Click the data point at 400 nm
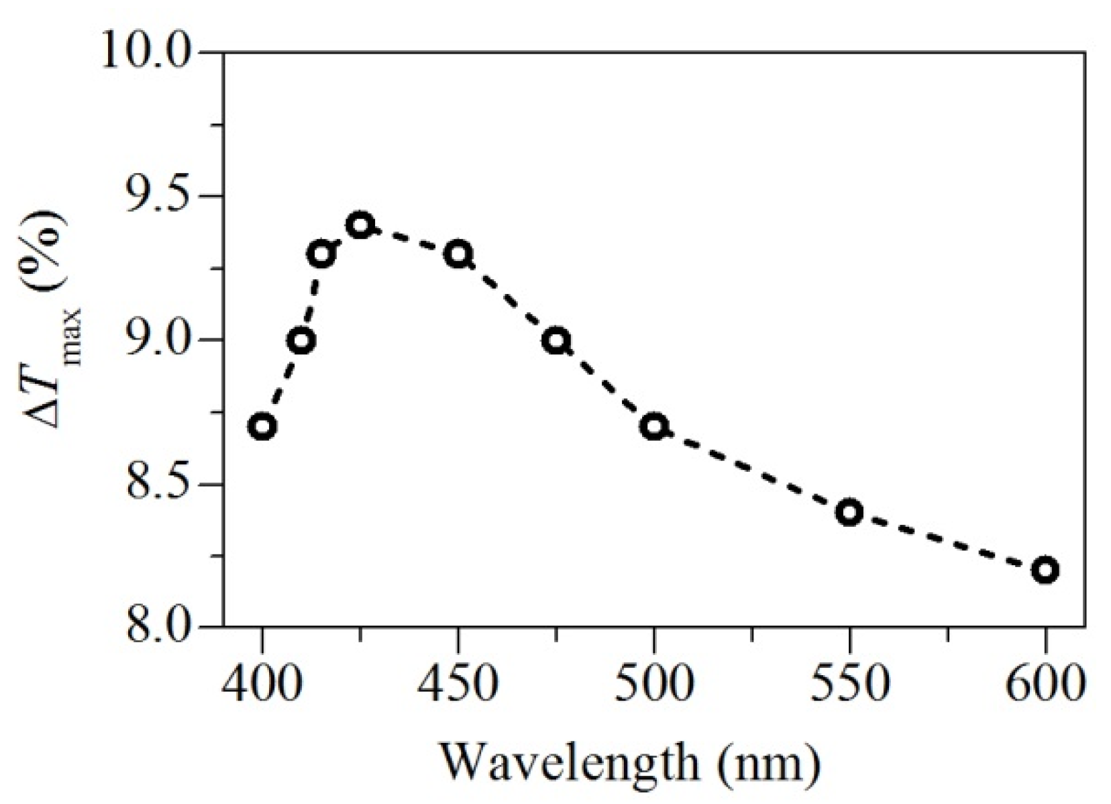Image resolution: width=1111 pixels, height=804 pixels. point(262,427)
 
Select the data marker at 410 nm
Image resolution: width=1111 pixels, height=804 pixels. point(301,341)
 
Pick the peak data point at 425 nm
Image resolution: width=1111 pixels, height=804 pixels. point(360,225)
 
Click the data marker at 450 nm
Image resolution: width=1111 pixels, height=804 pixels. point(458,254)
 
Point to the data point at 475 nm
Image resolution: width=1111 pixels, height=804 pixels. point(556,341)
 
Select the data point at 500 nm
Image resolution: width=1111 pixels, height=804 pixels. point(654,427)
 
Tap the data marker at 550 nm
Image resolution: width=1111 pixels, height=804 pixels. point(849,513)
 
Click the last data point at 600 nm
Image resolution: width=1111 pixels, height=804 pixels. point(1045,570)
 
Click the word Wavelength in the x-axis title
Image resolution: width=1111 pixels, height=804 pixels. point(569,763)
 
